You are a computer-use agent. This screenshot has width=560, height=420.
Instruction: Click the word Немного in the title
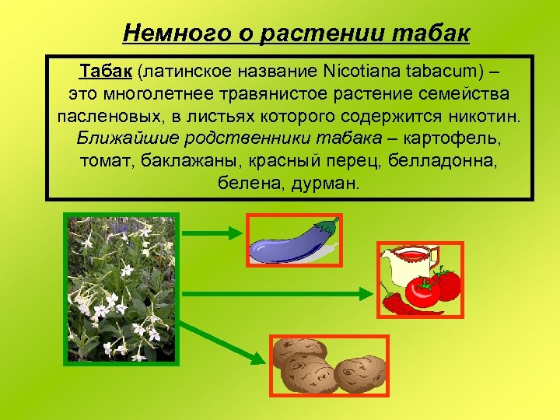coord(167,33)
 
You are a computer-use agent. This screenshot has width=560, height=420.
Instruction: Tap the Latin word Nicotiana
coord(359,72)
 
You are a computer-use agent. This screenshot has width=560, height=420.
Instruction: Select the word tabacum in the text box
coord(444,72)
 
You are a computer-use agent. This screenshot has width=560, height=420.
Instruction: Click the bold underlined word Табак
coord(107,72)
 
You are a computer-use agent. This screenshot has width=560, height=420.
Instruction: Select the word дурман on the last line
coord(325,184)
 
